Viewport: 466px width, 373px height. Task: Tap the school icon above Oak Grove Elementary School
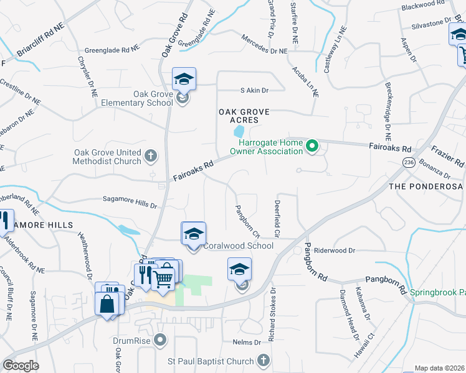pyautogui.click(x=184, y=79)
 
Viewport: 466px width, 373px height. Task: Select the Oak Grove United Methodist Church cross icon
pyautogui.click(x=151, y=155)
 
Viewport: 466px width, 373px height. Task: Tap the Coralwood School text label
pyautogui.click(x=239, y=246)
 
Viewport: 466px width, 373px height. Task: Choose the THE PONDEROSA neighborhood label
pyautogui.click(x=426, y=186)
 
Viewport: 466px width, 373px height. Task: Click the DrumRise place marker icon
pyautogui.click(x=161, y=340)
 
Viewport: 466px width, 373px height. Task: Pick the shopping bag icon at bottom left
pyautogui.click(x=107, y=304)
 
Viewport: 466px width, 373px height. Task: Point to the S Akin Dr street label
pyautogui.click(x=254, y=90)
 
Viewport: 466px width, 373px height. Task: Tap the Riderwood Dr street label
pyautogui.click(x=335, y=251)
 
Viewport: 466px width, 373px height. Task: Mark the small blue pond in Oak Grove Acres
pyautogui.click(x=238, y=132)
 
